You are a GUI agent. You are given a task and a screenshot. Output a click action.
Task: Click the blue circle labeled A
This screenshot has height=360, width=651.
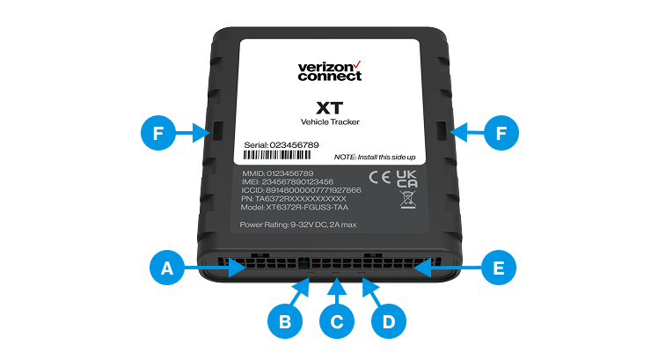tap(167, 268)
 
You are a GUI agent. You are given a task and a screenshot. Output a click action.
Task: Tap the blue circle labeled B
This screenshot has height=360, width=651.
tap(285, 321)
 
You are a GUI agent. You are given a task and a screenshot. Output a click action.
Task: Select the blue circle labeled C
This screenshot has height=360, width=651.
tap(337, 321)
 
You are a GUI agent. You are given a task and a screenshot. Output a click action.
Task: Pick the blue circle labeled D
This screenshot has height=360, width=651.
tap(389, 321)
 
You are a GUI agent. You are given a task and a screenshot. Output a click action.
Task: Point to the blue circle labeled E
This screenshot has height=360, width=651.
tap(499, 268)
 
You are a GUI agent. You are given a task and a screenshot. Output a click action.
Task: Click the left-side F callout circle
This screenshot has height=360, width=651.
tap(158, 133)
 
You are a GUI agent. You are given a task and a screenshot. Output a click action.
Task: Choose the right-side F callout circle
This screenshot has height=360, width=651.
tap(501, 133)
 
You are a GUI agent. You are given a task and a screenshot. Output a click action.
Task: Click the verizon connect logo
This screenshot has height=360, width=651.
tap(330, 71)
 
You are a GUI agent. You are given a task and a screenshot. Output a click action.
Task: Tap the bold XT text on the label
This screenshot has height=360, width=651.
tap(330, 108)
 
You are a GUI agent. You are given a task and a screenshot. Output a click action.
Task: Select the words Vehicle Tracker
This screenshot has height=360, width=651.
tap(330, 122)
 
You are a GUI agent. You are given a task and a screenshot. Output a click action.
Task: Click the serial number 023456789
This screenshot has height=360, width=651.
tap(295, 145)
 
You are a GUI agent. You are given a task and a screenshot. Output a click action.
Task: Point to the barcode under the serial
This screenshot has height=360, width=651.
tap(277, 155)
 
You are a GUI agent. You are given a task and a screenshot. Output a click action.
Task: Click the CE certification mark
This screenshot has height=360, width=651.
tap(380, 178)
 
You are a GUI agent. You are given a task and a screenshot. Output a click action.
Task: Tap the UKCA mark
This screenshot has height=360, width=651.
tap(406, 179)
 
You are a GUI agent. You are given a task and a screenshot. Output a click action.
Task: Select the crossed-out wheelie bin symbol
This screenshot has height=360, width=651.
tap(407, 200)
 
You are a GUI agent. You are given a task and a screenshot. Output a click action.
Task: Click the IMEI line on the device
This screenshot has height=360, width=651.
tap(288, 182)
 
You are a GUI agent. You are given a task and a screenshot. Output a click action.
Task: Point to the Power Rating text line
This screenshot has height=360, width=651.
tap(298, 224)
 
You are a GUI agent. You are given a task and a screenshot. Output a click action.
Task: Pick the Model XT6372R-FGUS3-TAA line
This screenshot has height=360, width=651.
tap(295, 207)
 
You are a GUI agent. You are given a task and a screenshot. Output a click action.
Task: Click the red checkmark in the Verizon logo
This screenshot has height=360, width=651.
tap(357, 64)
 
